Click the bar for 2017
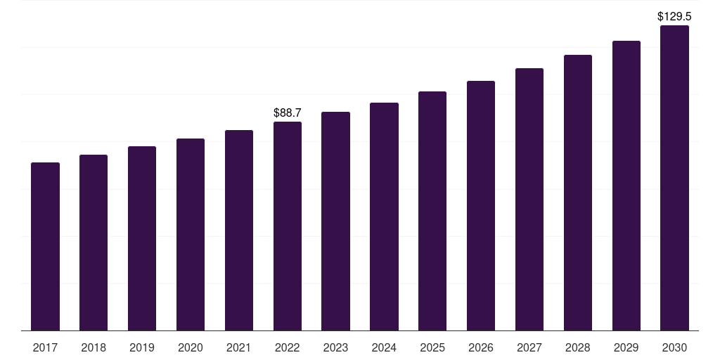click(45, 247)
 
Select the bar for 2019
click(142, 238)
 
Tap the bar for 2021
click(239, 231)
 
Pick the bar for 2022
click(288, 226)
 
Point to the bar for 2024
click(385, 217)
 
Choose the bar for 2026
click(481, 206)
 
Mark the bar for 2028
click(578, 193)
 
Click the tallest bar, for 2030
click(674, 178)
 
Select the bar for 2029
click(626, 186)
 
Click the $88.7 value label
click(288, 112)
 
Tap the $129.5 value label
click(674, 17)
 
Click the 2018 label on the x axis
click(94, 347)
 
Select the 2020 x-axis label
click(191, 347)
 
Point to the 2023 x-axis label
click(335, 347)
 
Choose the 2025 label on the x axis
click(432, 347)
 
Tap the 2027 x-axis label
click(529, 347)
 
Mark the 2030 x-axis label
click(674, 347)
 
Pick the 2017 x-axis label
click(45, 347)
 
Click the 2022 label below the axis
click(288, 347)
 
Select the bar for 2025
click(432, 211)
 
